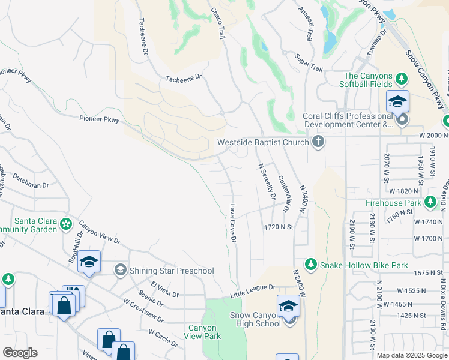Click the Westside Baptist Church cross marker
318,142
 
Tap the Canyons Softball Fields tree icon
402,79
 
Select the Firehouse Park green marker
430,203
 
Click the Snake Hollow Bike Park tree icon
310,265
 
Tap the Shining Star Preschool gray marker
121,271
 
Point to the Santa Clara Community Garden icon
66,224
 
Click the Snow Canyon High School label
255,319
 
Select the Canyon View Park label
205,332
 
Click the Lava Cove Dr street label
233,223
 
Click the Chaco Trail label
218,23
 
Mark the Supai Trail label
309,61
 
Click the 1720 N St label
278,227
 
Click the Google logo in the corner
20,353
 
